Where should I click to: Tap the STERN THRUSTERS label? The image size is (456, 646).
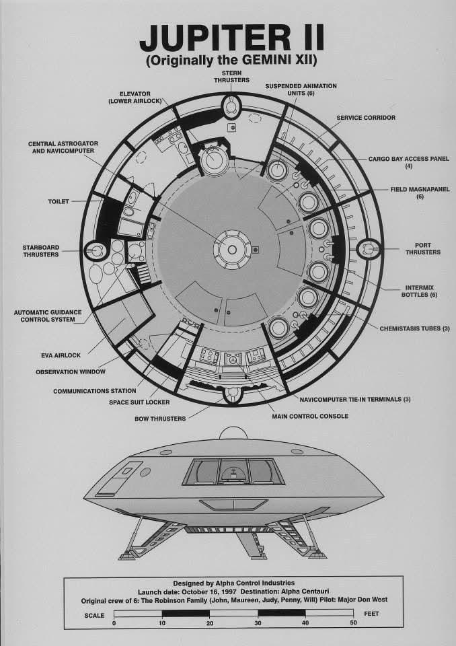pos(231,76)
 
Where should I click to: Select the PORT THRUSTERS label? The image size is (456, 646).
pos(423,248)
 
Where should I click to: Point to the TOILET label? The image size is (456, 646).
pos(58,201)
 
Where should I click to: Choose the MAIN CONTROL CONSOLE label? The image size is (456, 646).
pos(309,416)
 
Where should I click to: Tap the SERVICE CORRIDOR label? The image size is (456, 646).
pos(365,117)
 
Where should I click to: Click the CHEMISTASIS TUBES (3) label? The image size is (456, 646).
pos(414,328)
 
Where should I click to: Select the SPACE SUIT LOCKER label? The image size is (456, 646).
pos(139,402)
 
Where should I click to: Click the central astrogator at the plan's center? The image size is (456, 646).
pos(231,250)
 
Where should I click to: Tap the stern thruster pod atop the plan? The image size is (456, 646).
pos(231,106)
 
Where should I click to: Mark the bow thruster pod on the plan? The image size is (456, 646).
pos(232,393)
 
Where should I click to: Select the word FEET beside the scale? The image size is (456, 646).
pos(372,614)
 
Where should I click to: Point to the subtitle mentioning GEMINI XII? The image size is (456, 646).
pos(231,61)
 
